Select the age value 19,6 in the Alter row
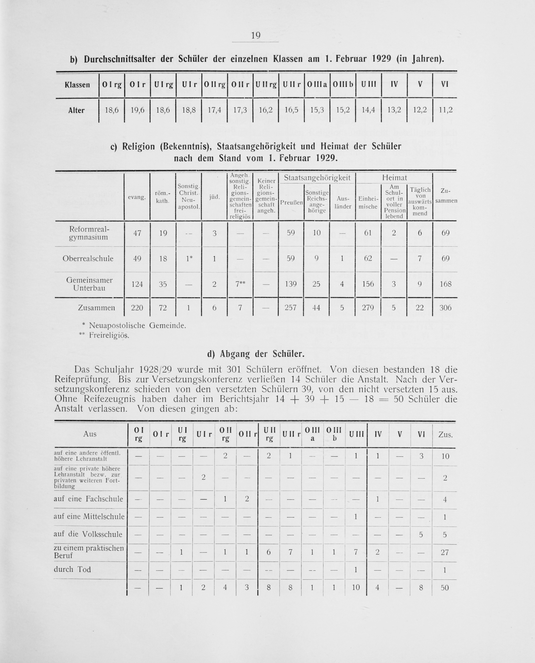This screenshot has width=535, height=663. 137,110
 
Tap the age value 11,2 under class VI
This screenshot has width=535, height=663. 446,110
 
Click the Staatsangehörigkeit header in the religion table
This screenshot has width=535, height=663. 317,178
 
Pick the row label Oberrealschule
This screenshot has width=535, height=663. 88,258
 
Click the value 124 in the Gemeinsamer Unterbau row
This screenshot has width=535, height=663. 137,284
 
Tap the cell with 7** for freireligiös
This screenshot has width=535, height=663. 240,284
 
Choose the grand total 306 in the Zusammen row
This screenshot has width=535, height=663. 445,308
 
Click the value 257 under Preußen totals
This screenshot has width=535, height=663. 291,308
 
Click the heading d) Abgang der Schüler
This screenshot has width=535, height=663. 256,354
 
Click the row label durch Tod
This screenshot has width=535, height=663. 72,569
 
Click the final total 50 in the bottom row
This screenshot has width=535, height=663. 445,588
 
